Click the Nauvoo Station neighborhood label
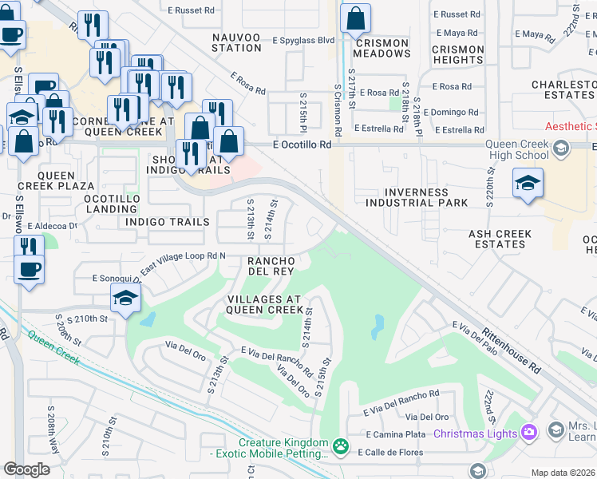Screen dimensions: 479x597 [237, 42]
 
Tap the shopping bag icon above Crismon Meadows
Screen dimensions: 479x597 [355, 18]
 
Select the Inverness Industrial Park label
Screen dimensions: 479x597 [417, 197]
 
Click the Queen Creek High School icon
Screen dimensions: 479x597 [561, 148]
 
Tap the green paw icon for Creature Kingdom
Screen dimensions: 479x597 [341, 445]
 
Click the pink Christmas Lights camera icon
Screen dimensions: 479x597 [528, 433]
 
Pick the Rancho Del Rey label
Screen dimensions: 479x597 [273, 266]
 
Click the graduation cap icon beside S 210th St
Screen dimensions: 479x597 [126, 299]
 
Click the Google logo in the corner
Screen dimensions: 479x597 [27, 469]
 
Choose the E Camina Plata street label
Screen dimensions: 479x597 [397, 434]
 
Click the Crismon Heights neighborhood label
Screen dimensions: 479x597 [457, 54]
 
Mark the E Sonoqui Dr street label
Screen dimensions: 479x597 [105, 279]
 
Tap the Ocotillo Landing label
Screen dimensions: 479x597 [112, 204]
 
